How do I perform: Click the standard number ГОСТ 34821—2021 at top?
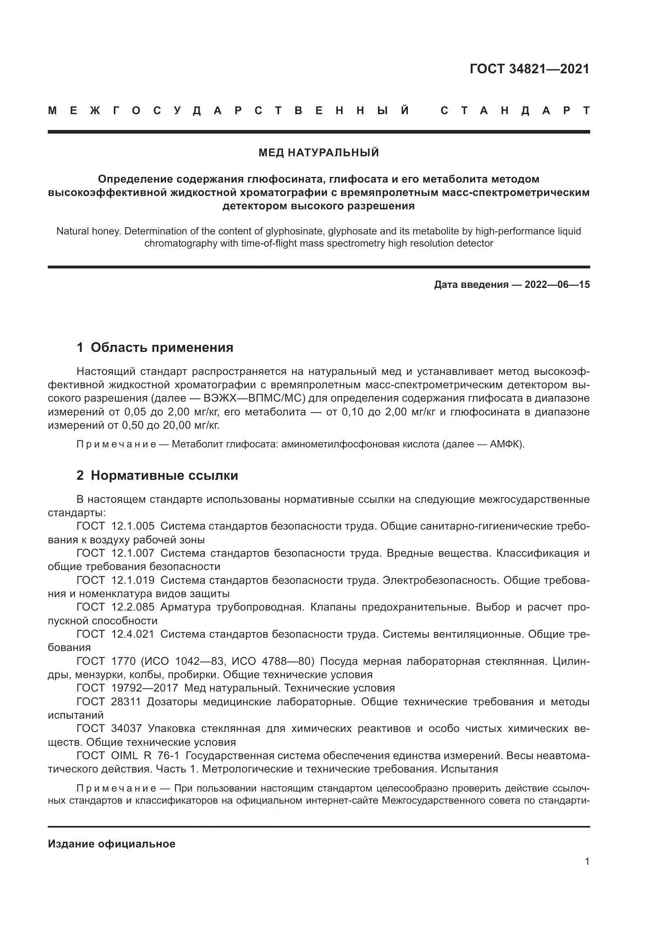click(529, 69)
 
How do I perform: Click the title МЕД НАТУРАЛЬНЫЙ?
click(318, 153)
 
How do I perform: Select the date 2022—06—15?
click(557, 285)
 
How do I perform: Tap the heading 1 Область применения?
click(155, 347)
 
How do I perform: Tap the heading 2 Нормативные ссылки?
click(157, 476)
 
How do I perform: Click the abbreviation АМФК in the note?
click(505, 444)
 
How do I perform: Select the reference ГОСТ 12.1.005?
click(115, 526)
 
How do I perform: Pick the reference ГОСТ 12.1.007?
click(115, 553)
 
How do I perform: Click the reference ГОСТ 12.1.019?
click(115, 580)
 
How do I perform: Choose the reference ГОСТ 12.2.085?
click(115, 607)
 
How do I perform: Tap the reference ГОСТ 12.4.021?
click(115, 634)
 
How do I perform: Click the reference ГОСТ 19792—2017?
click(127, 688)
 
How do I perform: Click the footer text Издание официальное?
click(111, 844)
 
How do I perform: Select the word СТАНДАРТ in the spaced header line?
click(515, 111)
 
